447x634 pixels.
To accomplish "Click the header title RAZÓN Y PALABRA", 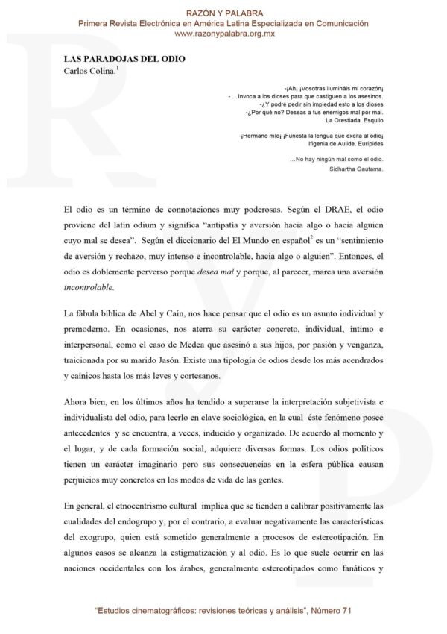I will click(223, 13).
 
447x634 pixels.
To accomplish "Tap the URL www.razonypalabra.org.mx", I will click(223, 34).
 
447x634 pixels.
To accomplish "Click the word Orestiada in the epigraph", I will click(332, 121).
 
